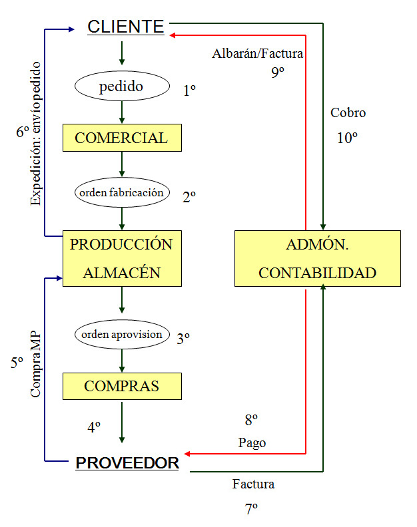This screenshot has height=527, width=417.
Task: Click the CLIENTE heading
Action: pos(125,27)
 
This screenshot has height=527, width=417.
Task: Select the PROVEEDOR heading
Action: pos(127,463)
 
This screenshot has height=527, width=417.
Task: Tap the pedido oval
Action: pos(122,86)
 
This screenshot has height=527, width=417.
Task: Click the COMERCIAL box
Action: pos(122,138)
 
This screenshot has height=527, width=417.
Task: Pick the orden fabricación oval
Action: pos(122,192)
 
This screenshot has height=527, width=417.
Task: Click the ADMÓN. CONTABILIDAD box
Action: pos(317,258)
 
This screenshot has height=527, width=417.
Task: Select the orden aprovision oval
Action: pos(122,335)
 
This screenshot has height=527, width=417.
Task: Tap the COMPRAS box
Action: pos(122,386)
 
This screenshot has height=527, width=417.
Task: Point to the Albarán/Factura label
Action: pos(258,54)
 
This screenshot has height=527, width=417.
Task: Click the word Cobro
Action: pos(348,113)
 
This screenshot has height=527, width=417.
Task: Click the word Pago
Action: pos(252,443)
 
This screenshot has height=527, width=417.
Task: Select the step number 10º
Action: pos(347,138)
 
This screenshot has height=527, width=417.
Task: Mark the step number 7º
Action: pos(251,509)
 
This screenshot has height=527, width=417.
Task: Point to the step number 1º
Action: pos(189,90)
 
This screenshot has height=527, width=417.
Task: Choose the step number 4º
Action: pos(94,427)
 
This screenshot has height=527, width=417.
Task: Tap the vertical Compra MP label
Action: pos(35,365)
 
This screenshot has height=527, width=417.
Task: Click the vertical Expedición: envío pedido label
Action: pos(35,134)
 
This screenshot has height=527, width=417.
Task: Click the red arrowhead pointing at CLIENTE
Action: pos(172,35)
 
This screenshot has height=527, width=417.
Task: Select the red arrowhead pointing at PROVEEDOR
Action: pos(187,454)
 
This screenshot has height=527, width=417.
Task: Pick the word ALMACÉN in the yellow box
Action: pos(122,272)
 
